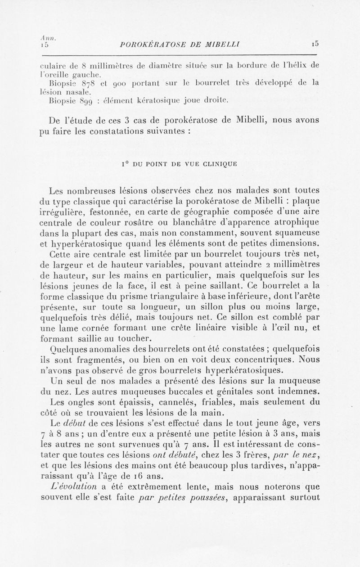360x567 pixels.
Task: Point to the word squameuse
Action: (298, 233)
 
